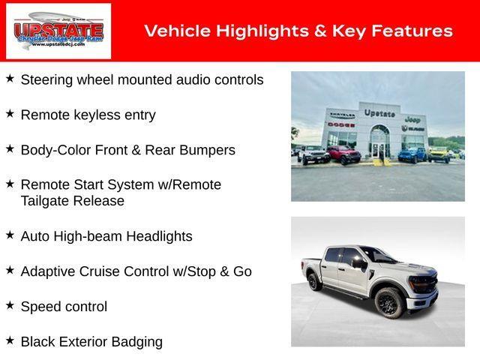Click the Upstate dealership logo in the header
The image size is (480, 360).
tap(58, 31)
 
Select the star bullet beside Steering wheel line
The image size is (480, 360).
tap(10, 78)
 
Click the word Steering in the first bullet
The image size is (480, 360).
tap(46, 79)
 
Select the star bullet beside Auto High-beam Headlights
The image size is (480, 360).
tap(10, 235)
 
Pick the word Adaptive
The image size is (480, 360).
tap(48, 271)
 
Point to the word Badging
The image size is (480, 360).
tap(136, 342)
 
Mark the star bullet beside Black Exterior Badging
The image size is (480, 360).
tap(10, 340)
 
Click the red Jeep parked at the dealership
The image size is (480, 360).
tap(343, 155)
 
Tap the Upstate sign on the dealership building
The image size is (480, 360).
tap(379, 113)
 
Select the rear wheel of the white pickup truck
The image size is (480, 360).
tap(315, 282)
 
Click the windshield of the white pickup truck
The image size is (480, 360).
tap(378, 256)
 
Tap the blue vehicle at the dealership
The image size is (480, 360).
tap(412, 154)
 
